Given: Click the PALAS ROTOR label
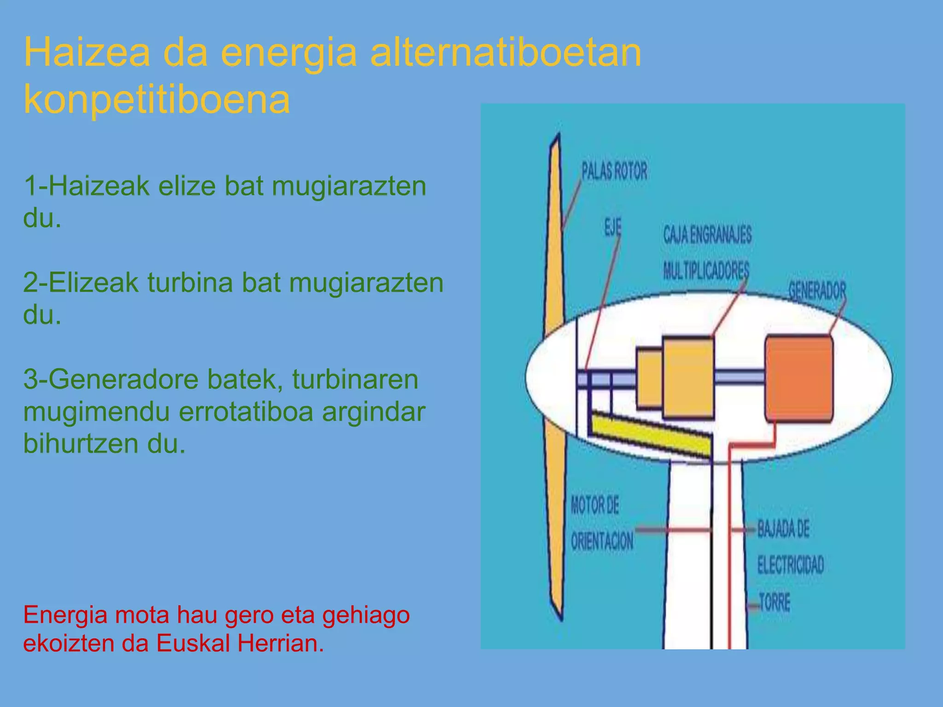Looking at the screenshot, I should point(614,171).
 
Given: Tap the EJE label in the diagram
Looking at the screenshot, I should point(612,227).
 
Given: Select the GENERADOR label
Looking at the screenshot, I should point(817,290).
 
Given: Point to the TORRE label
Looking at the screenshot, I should point(774,603).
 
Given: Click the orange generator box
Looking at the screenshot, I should point(799,378).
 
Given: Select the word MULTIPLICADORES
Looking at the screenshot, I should point(706,270).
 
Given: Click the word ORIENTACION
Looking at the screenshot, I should point(602,541).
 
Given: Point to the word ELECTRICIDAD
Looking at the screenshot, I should point(791,565).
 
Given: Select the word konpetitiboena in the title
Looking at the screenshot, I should point(157,99).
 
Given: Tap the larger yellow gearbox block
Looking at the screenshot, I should point(688,378).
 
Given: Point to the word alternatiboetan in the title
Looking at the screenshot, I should point(505,52).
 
